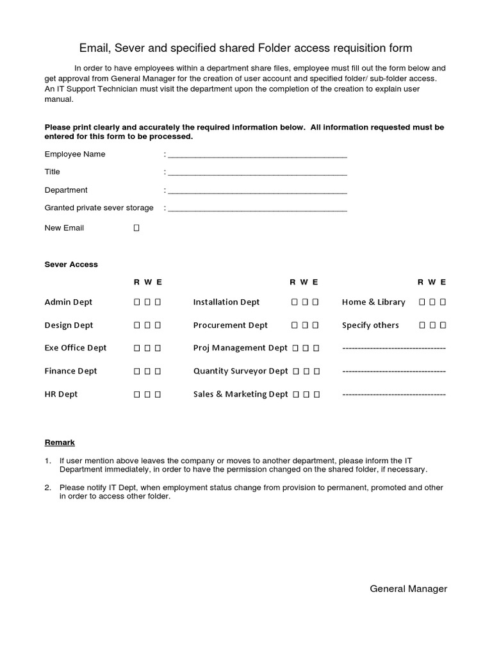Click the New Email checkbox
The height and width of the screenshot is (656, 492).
click(x=136, y=228)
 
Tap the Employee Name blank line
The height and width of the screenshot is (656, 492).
click(x=257, y=154)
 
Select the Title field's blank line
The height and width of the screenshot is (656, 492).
click(x=257, y=172)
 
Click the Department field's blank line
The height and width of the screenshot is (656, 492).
click(x=257, y=190)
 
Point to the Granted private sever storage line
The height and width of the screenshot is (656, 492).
click(x=257, y=208)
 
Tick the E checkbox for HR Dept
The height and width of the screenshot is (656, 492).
click(x=158, y=395)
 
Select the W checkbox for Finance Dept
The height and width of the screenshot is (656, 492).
click(x=147, y=372)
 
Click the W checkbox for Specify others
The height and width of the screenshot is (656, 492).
click(x=432, y=325)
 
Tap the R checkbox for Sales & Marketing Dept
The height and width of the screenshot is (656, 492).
click(x=296, y=395)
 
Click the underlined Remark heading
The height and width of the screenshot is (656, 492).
click(x=60, y=442)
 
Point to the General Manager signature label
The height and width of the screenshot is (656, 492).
click(x=408, y=589)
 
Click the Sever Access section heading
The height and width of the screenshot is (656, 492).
click(x=71, y=264)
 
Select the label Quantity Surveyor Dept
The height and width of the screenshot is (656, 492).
click(x=240, y=371)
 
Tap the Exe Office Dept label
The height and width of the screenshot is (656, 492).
click(x=76, y=348)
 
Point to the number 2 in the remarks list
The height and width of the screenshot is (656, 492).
click(x=47, y=488)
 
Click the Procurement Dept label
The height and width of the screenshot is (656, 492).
click(x=231, y=325)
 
